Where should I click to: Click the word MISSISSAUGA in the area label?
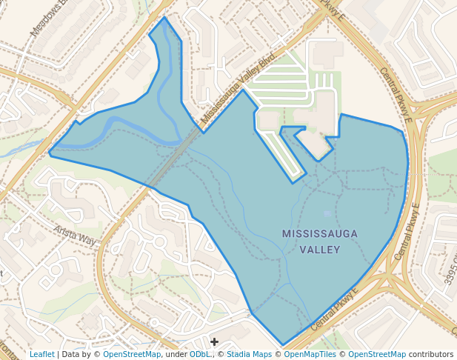(x=319, y=234)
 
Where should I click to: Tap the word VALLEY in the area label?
(x=319, y=249)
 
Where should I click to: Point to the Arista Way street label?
(x=75, y=235)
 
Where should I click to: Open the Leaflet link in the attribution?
(x=41, y=354)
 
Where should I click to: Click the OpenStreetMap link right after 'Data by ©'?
(x=131, y=354)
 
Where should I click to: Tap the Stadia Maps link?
(x=247, y=354)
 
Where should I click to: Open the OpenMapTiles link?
(x=310, y=354)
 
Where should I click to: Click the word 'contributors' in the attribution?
(x=431, y=354)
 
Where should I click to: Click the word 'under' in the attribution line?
(x=176, y=354)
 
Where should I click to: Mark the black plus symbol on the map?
(x=214, y=341)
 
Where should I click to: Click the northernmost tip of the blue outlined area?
(x=164, y=17)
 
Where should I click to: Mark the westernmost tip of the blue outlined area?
(x=50, y=153)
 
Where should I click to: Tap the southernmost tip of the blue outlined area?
(x=282, y=344)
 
